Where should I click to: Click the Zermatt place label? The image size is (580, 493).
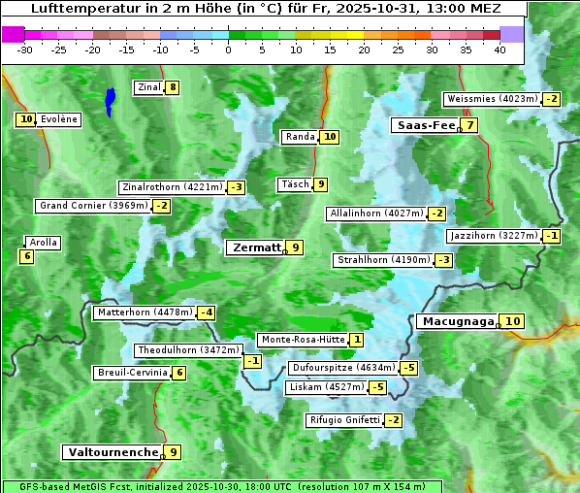(255, 247)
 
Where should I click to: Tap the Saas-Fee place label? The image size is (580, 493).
(424, 125)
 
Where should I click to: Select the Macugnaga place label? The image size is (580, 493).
(457, 321)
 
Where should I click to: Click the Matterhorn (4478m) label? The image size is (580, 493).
(144, 312)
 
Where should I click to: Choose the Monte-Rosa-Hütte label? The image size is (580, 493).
(302, 340)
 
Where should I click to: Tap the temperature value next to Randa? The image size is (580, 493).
(330, 137)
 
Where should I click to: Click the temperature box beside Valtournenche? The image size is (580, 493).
(173, 452)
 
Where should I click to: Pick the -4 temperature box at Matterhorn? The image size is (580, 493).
(206, 312)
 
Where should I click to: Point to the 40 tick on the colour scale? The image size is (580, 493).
(500, 49)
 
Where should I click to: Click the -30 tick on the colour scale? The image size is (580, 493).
(25, 49)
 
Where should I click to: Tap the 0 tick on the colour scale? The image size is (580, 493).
(229, 49)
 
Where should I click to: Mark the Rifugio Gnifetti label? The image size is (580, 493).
(343, 420)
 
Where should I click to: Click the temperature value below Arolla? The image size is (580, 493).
(26, 256)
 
